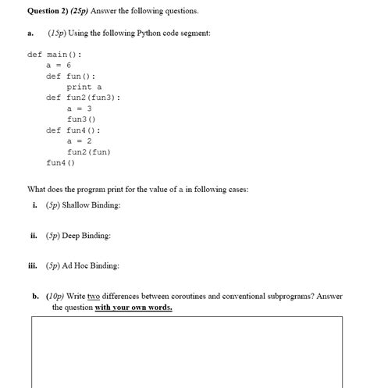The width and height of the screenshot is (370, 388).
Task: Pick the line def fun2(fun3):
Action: pos(83,98)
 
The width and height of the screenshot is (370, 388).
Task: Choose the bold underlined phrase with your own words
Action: pos(133,307)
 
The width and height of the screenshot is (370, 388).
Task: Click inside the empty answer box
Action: pos(187,351)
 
